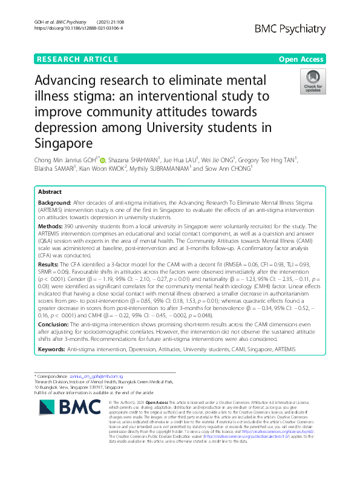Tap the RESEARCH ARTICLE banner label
[77, 59]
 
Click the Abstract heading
[50, 192]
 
